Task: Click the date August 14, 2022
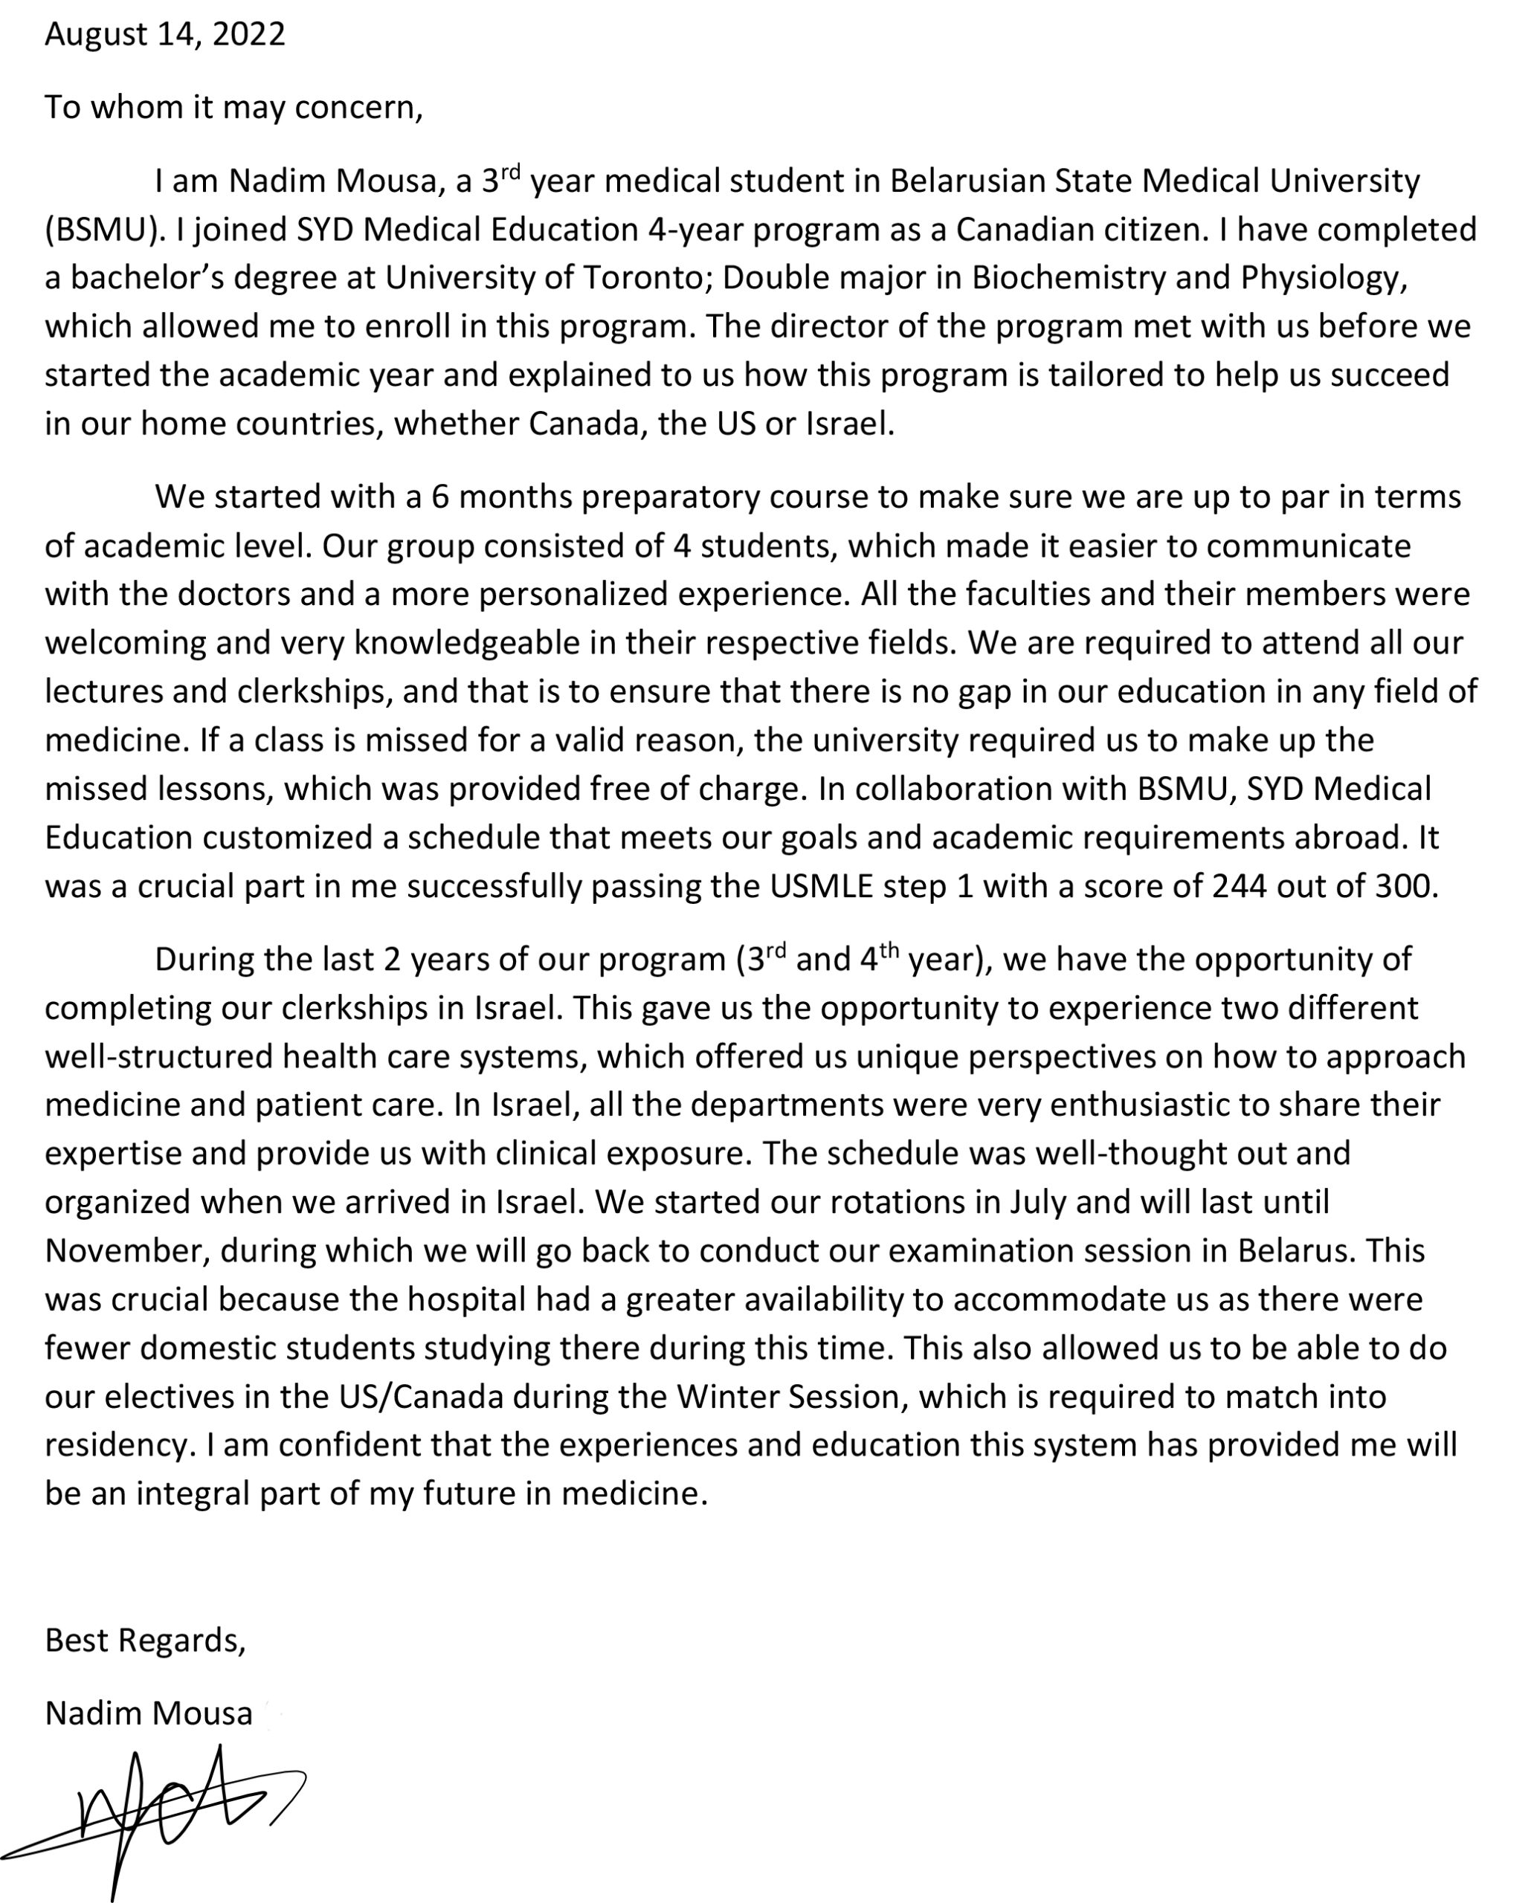coord(165,33)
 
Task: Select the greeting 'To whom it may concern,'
coord(234,107)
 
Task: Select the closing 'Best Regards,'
coord(145,1640)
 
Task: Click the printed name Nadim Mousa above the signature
coord(149,1713)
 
